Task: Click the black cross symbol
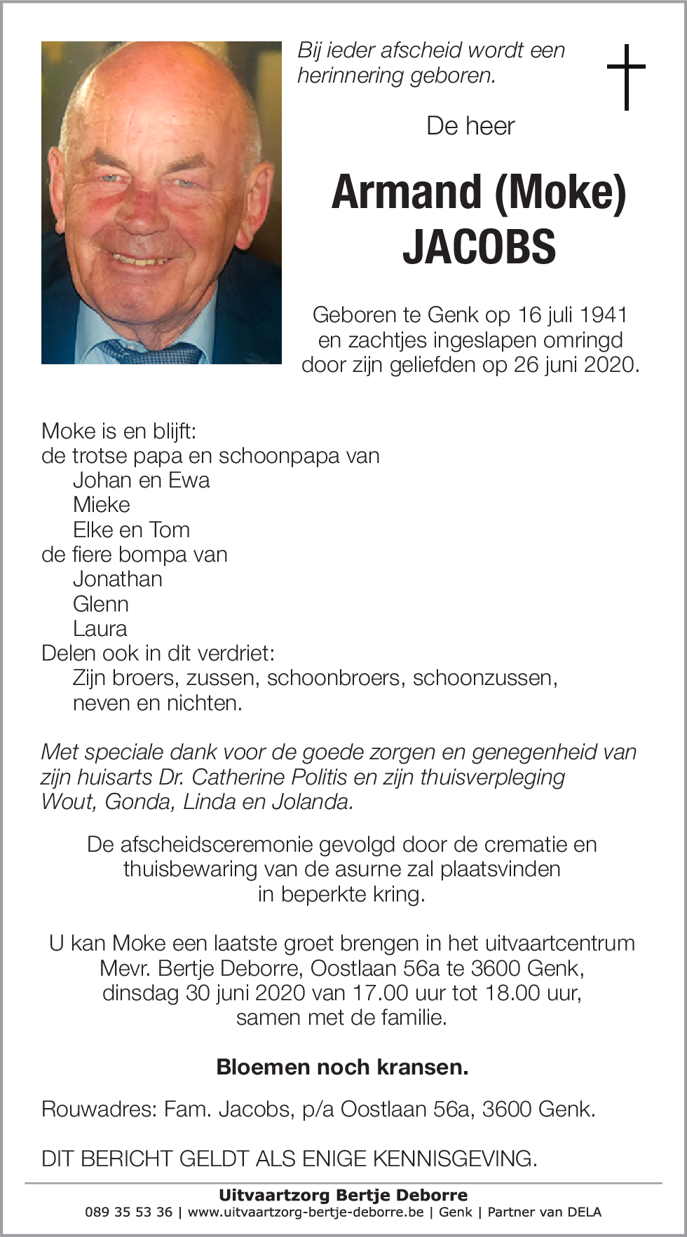626,76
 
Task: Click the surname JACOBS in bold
479,247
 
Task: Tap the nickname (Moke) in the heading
560,192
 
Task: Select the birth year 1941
604,315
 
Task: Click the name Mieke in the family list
102,505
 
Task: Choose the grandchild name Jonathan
118,579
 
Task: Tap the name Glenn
101,604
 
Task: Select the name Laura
100,629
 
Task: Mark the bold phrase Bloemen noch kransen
342,1067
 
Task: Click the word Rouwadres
97,1110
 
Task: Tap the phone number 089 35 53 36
128,1212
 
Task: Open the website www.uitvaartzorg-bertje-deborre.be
306,1212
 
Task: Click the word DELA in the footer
584,1212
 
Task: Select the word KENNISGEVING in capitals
454,1159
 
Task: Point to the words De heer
470,126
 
